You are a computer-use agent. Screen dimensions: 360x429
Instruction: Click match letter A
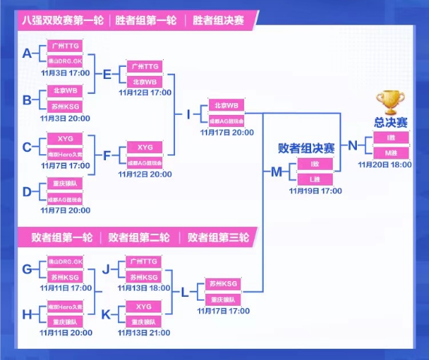(28, 53)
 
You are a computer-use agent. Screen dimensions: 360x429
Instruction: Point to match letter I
(189, 115)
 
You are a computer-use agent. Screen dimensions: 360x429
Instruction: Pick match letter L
(185, 292)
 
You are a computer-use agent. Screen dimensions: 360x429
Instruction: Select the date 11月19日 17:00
(314, 191)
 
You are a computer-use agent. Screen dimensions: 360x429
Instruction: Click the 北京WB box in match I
(225, 106)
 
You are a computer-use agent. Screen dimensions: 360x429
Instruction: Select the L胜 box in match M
(314, 179)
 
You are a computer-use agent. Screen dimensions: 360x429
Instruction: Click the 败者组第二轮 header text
(138, 238)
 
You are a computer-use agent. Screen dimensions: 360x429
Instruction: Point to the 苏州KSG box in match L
(225, 283)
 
